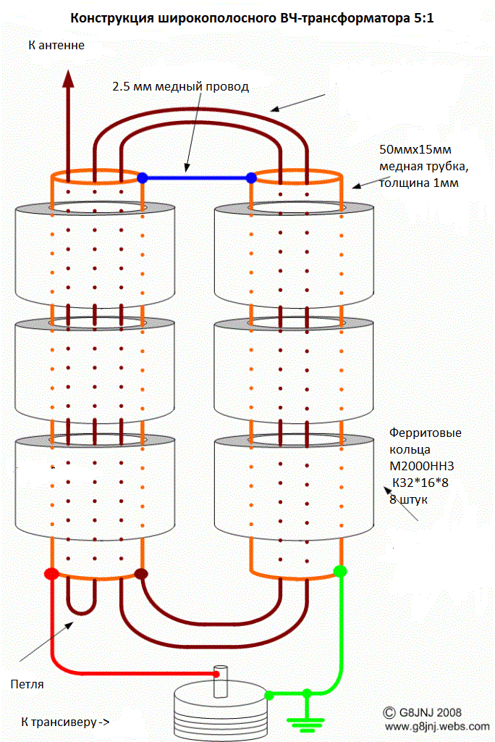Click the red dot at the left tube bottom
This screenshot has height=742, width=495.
tap(51, 574)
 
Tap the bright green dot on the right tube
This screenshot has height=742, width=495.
tap(340, 571)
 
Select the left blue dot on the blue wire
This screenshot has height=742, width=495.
tap(143, 178)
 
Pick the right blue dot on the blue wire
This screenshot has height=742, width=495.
tap(252, 178)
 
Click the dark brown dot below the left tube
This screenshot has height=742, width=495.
tap(141, 574)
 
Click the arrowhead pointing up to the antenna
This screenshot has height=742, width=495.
tap(69, 79)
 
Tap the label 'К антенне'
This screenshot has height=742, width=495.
tap(56, 46)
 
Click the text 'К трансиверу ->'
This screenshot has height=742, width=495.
tap(65, 722)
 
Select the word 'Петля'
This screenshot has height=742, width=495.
tap(27, 684)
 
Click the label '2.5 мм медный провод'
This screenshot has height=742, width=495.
tap(181, 87)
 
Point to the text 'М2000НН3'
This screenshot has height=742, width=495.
tap(422, 466)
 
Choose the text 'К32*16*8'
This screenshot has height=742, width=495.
tap(420, 483)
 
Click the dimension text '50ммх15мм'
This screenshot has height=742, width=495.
tap(415, 149)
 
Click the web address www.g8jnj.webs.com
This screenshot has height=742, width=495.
tap(437, 726)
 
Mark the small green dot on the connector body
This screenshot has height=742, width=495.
tap(268, 695)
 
